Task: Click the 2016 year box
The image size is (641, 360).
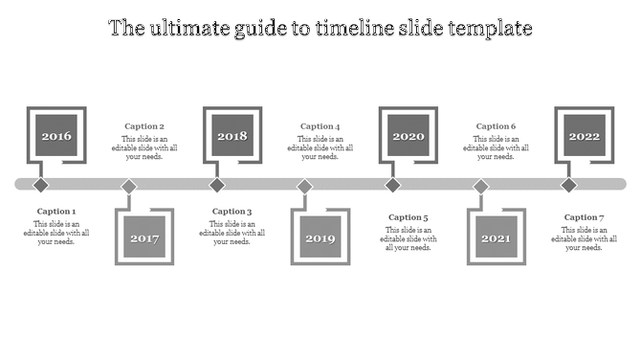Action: click(56, 136)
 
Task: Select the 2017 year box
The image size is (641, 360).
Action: click(144, 237)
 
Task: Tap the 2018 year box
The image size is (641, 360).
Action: click(232, 136)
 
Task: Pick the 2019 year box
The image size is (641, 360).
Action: click(320, 237)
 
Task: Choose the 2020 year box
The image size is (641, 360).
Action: click(409, 136)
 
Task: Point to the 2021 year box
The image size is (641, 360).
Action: click(497, 237)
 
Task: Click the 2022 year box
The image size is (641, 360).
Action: click(585, 136)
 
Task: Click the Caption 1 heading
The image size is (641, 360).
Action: click(56, 212)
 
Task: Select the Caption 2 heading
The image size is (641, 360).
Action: click(144, 126)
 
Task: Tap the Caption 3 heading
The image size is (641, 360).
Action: click(232, 212)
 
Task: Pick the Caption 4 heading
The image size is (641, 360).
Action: click(320, 126)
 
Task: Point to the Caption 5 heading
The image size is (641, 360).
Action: click(409, 217)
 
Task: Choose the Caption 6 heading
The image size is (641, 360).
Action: click(497, 126)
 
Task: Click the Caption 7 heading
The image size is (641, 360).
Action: click(585, 217)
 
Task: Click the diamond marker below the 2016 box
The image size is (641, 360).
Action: click(41, 185)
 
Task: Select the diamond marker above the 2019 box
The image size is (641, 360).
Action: click(305, 186)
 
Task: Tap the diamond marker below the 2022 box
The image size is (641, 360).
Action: click(569, 185)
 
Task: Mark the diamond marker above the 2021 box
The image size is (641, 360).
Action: click(481, 186)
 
